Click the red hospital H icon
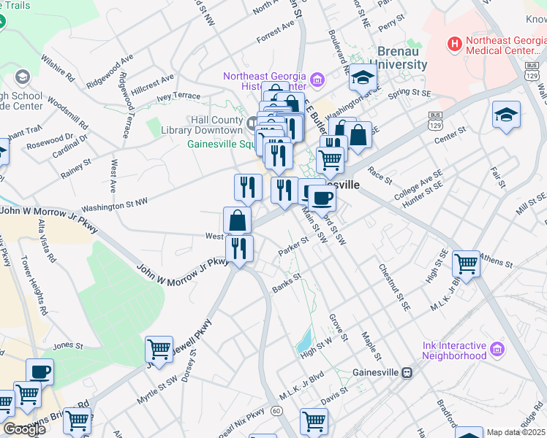pos(456,45)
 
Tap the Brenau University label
pos(401,58)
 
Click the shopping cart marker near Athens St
pos(466,263)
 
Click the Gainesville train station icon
pos(407,372)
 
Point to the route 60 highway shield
pos(276,411)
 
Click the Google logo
pos(24,429)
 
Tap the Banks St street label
pos(287,278)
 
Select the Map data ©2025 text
pos(516,432)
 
